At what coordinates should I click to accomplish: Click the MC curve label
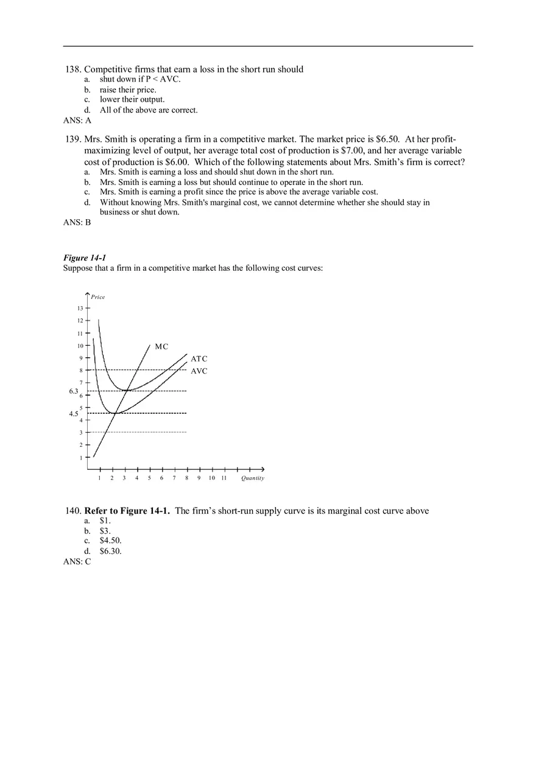coord(161,346)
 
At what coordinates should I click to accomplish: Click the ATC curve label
coord(199,359)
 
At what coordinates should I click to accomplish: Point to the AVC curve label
coord(199,371)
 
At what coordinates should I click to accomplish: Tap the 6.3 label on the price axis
coord(73,391)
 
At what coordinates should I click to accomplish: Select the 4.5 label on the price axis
coord(73,413)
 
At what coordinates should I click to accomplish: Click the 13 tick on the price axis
coord(80,308)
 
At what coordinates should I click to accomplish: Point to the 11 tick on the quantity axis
coord(224,478)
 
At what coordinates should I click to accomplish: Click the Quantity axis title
coord(252,478)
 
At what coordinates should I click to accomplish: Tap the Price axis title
coord(97,297)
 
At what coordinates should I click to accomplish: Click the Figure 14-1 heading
coord(85,258)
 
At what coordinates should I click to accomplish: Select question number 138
coord(73,69)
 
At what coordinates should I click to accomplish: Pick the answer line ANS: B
coord(77,223)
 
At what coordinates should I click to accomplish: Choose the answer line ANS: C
coord(77,562)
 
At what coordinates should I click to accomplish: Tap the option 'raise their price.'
coord(128,89)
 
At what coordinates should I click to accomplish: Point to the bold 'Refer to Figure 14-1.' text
coord(127,511)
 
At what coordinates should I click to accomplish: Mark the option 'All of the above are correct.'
coord(149,110)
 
